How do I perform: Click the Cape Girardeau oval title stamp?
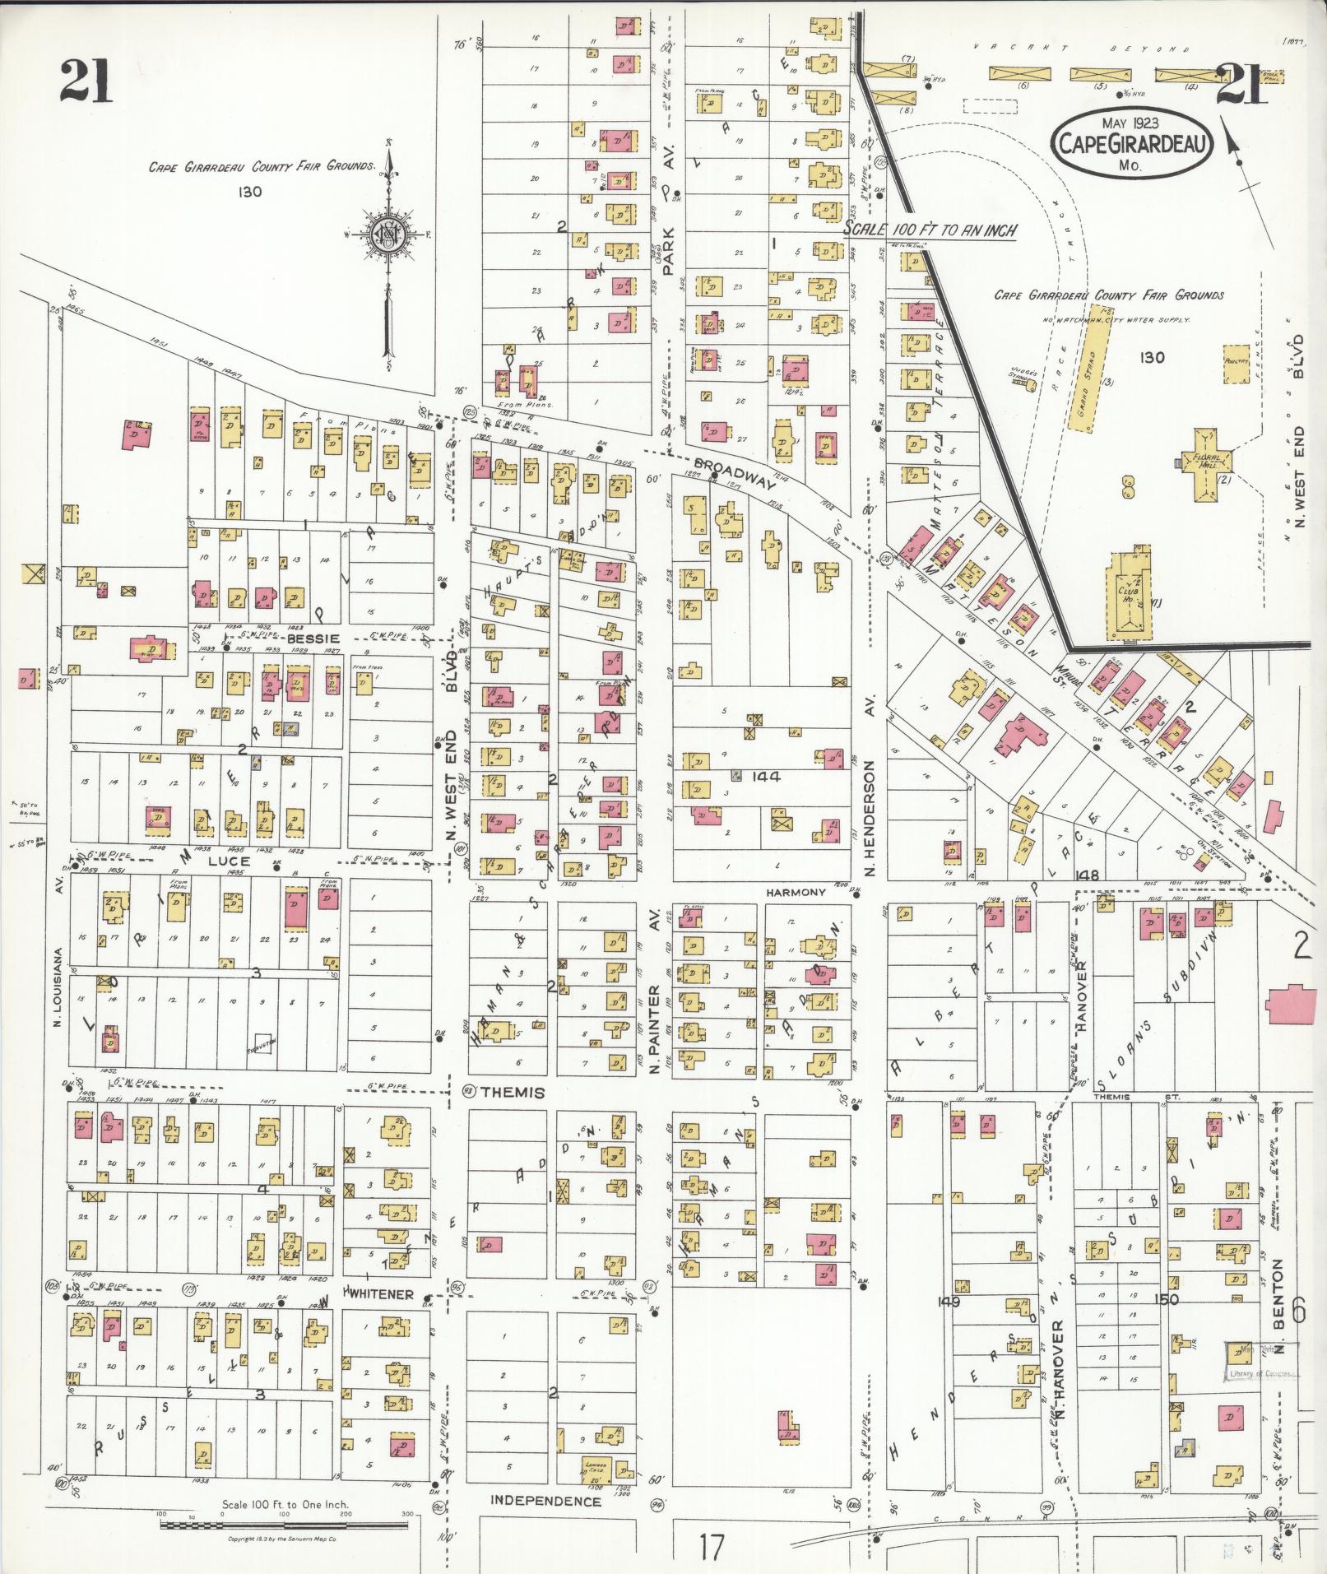coord(1132,142)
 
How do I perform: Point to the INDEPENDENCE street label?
coord(545,1500)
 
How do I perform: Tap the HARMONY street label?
coord(795,892)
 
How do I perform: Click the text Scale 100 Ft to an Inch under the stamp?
coord(930,231)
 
